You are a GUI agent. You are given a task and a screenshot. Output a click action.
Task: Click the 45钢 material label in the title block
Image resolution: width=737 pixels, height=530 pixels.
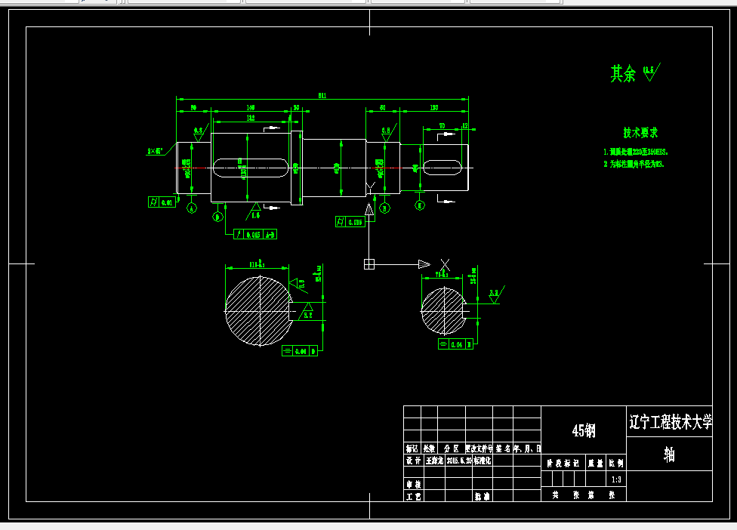584,430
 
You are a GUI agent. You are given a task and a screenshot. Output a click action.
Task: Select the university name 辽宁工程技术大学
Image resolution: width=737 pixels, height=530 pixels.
670,422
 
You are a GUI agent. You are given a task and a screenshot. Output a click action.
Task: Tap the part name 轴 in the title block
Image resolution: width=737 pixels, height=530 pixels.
669,454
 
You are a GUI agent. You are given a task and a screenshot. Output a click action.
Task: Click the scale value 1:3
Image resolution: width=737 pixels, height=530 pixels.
616,479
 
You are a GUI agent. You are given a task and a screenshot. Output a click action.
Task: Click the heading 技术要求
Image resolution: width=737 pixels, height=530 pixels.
640,132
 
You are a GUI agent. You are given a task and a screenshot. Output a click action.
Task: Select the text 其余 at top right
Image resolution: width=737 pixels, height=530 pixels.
623,73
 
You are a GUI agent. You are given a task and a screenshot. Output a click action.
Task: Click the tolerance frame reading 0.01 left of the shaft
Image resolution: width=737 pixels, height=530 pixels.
162,202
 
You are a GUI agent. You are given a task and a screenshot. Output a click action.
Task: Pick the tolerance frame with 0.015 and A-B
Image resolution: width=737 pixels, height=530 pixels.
256,234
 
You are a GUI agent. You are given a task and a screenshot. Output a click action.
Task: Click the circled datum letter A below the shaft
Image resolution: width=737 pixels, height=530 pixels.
191,208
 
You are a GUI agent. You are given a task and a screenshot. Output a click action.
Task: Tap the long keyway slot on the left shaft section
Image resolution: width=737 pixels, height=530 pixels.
250,167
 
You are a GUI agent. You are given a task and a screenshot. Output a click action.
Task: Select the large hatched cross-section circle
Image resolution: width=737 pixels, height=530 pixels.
258,310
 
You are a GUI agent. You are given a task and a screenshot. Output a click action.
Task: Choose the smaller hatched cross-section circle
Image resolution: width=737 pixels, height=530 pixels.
443,310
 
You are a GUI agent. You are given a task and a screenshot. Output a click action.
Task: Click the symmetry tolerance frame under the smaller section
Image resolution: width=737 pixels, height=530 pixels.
455,344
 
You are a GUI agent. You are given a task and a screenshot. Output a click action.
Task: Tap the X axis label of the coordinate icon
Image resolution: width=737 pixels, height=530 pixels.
445,264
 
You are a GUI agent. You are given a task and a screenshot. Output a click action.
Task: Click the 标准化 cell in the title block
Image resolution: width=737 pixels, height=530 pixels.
483,460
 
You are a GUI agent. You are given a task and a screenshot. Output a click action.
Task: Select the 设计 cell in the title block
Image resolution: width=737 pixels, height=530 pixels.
412,460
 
